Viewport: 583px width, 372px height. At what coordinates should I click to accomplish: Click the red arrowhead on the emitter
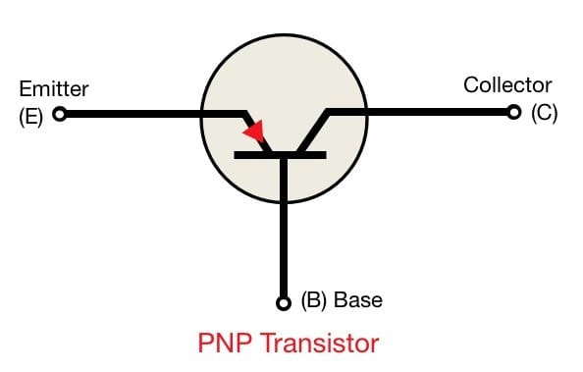pyautogui.click(x=255, y=131)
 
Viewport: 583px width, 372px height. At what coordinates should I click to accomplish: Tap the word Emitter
pyautogui.click(x=54, y=89)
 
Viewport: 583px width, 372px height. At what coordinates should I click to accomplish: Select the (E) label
pyautogui.click(x=30, y=117)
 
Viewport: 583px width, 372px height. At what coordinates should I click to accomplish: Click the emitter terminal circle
pyautogui.click(x=60, y=114)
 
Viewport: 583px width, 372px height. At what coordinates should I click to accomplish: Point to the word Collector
pyautogui.click(x=507, y=85)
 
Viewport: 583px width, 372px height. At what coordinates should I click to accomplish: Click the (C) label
pyautogui.click(x=545, y=113)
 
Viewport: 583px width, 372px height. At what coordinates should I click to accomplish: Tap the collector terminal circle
pyautogui.click(x=514, y=112)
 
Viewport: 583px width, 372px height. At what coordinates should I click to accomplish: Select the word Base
pyautogui.click(x=358, y=299)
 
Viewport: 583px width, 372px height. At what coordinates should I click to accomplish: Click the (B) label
pyautogui.click(x=314, y=300)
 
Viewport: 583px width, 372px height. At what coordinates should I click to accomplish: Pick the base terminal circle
pyautogui.click(x=284, y=303)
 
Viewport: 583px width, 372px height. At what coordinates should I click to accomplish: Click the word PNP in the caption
pyautogui.click(x=224, y=343)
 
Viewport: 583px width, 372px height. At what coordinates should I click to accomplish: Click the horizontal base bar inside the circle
pyautogui.click(x=280, y=155)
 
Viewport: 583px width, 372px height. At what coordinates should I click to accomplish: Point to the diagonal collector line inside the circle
pyautogui.click(x=312, y=133)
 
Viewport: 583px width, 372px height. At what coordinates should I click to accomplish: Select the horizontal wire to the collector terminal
pyautogui.click(x=418, y=112)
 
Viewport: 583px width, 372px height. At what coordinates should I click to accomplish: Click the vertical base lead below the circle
pyautogui.click(x=284, y=250)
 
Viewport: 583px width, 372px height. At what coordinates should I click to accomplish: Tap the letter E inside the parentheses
pyautogui.click(x=31, y=117)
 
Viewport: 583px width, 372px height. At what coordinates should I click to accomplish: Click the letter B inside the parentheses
pyautogui.click(x=314, y=299)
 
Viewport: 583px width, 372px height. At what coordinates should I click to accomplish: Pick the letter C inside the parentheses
pyautogui.click(x=545, y=113)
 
